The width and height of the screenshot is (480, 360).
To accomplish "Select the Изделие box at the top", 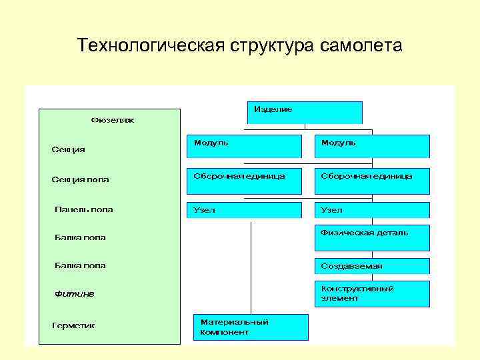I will tap(305, 113).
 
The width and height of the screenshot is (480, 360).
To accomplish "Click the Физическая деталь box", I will tap(372, 238).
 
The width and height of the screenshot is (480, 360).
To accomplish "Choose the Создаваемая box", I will tap(372, 266).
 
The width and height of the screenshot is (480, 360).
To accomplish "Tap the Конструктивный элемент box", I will tap(372, 294).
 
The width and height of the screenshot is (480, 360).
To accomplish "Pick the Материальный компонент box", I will tap(251, 327).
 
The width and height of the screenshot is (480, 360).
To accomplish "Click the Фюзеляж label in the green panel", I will tap(113, 121).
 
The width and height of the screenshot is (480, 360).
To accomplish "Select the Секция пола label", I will tap(81, 179).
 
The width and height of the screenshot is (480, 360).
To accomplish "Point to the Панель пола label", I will tap(83, 209).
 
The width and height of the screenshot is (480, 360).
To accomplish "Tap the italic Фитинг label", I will tap(74, 294).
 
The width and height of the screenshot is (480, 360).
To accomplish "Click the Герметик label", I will tap(74, 325).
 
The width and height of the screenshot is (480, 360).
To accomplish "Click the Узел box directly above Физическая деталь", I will tap(372, 210).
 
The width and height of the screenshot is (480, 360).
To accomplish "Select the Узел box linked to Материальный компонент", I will tap(244, 210).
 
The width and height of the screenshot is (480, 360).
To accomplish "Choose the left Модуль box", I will tap(244, 146).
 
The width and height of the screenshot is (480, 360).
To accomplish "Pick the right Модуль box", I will tap(372, 146).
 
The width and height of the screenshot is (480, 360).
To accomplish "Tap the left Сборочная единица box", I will tap(244, 181).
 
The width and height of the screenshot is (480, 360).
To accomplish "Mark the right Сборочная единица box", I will tap(372, 181).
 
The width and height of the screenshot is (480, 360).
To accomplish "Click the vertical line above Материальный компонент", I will tap(251, 267).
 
